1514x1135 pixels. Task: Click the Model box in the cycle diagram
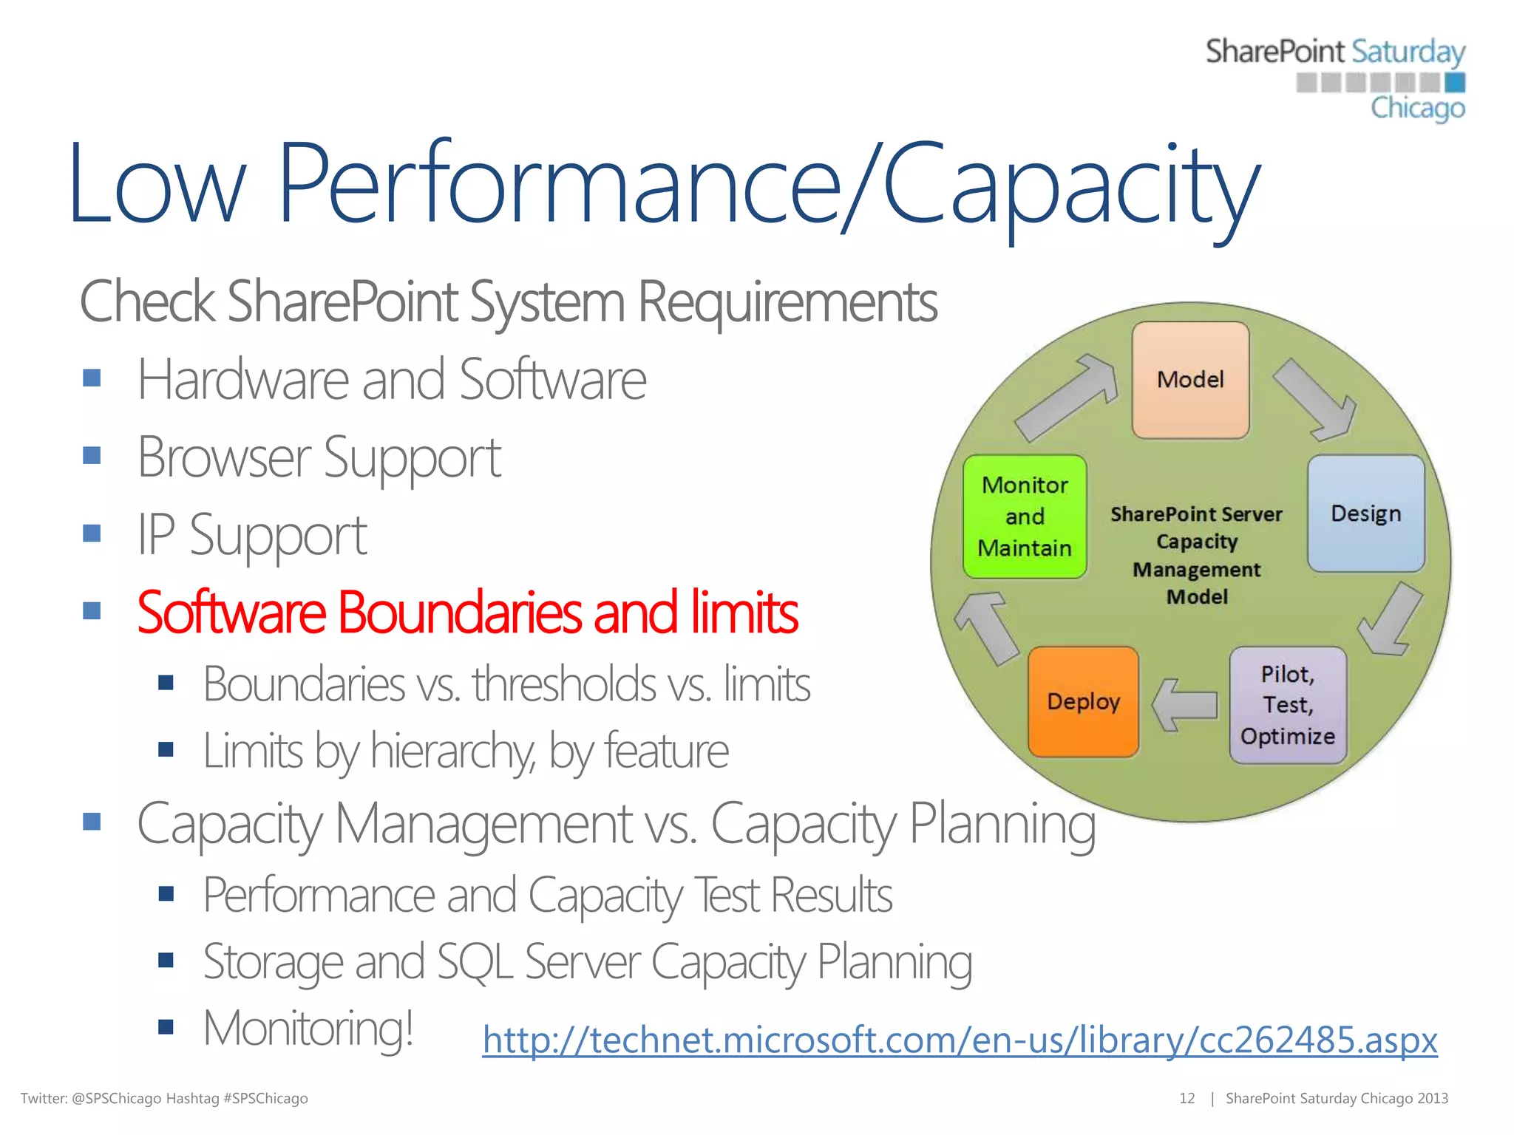click(x=1190, y=380)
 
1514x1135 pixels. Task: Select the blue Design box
click(x=1365, y=514)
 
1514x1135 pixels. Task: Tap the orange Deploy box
click(x=1083, y=701)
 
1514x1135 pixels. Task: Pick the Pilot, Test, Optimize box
click(x=1288, y=705)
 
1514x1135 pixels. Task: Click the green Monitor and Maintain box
click(x=1025, y=517)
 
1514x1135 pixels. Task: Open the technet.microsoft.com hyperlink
click(x=960, y=1040)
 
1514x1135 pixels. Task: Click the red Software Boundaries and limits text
click(x=467, y=613)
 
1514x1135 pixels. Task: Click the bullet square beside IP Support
click(x=92, y=533)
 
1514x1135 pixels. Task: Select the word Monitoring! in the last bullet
click(x=308, y=1028)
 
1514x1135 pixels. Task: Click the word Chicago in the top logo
click(x=1417, y=108)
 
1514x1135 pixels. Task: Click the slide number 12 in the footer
click(x=1187, y=1098)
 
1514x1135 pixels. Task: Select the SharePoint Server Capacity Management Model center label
click(x=1196, y=555)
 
